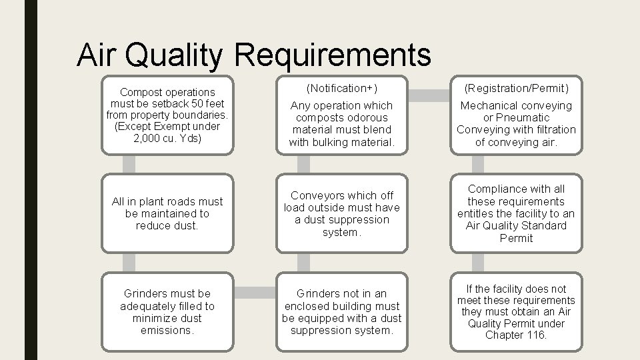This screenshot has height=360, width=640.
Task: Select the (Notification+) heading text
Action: (341, 88)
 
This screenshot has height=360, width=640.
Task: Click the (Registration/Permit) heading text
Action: (516, 88)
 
